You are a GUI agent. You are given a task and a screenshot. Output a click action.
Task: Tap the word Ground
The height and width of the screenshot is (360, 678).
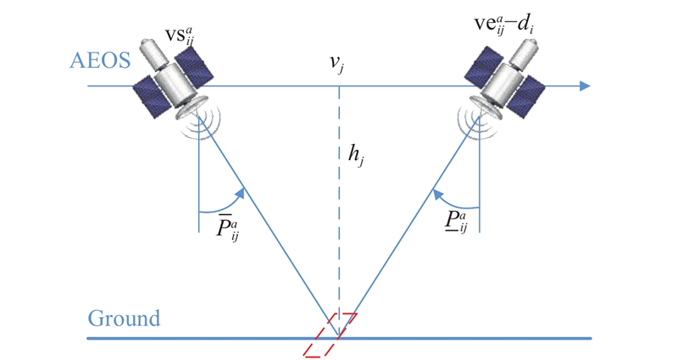[x=124, y=318]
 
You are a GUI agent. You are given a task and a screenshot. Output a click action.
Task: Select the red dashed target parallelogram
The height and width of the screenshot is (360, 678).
[x=331, y=335]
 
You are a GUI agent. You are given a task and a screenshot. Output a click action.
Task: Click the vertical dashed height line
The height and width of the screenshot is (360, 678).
[x=339, y=212]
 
